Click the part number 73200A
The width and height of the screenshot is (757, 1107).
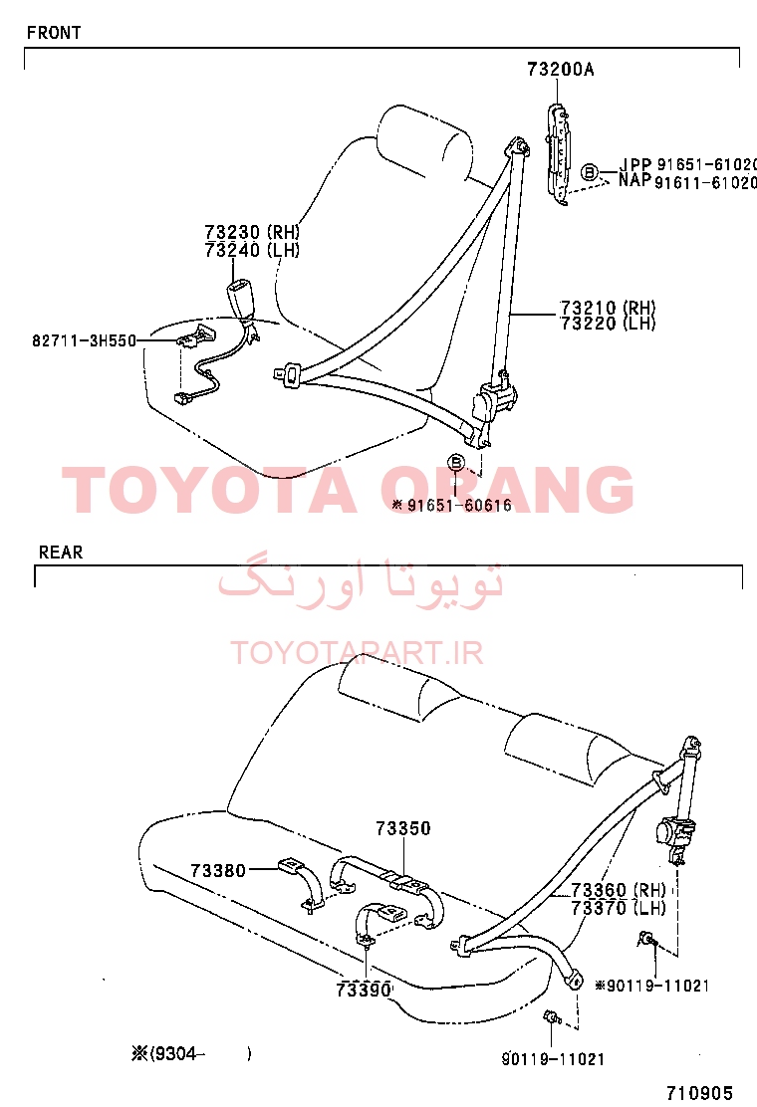[560, 70]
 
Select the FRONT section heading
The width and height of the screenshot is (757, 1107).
[54, 33]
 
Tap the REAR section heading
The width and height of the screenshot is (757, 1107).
[61, 553]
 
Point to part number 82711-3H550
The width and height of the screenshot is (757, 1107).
[84, 341]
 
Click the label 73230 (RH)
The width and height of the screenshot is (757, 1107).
[252, 232]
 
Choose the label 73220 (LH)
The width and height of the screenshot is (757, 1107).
[608, 325]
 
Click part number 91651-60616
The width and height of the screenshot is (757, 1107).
[459, 505]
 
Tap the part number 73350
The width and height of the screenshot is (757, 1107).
[403, 828]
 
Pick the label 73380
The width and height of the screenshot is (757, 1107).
[218, 871]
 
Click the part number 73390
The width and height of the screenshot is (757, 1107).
[364, 990]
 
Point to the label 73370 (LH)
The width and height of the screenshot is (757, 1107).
[619, 908]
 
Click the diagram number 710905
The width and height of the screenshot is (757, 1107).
[700, 1093]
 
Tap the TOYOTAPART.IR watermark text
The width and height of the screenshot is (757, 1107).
[357, 653]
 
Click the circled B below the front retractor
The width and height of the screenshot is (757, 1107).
[457, 463]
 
